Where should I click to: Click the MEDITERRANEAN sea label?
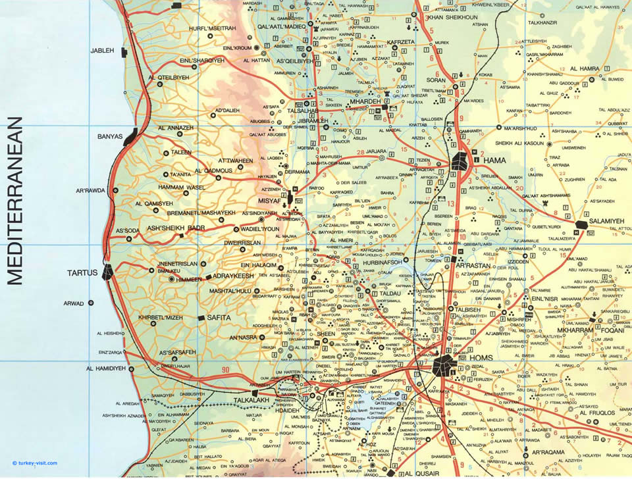[x=14, y=201]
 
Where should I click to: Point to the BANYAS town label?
[x=110, y=137]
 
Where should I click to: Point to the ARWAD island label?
[x=73, y=303]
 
